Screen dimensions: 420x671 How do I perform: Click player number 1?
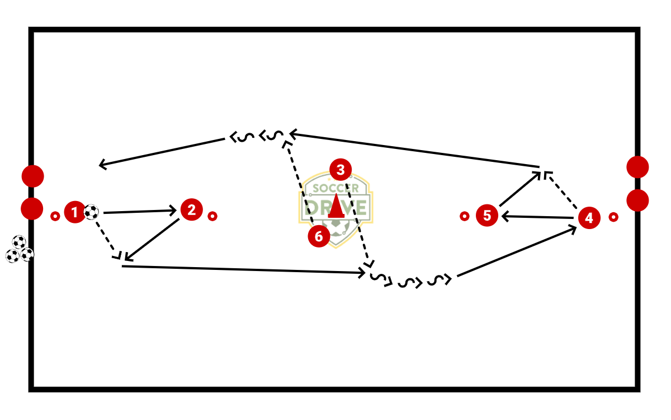(x=74, y=212)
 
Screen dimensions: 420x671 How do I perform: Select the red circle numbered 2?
(x=192, y=210)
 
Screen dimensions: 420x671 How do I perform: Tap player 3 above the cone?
(x=341, y=170)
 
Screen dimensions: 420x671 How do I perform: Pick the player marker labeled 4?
(x=589, y=217)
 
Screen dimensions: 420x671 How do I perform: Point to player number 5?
(x=487, y=216)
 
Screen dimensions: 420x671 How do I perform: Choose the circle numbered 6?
(x=319, y=236)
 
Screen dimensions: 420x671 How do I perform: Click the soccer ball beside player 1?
(x=91, y=212)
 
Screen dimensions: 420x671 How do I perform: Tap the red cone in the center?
(x=335, y=206)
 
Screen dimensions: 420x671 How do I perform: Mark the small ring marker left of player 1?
(x=55, y=216)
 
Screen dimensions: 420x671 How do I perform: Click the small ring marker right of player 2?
(x=212, y=216)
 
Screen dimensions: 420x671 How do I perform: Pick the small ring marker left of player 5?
(x=464, y=216)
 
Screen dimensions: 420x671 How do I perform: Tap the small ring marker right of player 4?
(x=613, y=217)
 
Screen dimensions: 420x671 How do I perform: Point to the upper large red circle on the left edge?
(x=32, y=176)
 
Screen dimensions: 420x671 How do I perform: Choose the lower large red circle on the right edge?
(x=637, y=200)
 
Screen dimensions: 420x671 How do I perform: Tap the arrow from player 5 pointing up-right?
(x=520, y=189)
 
